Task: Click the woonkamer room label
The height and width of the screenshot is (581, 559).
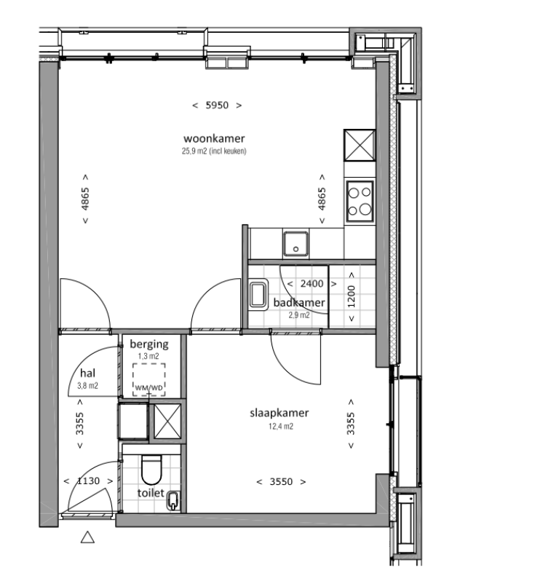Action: (x=214, y=138)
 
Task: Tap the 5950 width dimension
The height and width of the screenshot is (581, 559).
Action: (x=217, y=105)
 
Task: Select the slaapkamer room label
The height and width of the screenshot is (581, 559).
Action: (x=279, y=413)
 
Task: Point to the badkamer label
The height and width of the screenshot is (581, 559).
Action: (x=299, y=303)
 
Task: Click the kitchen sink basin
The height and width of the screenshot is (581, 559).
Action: (x=296, y=243)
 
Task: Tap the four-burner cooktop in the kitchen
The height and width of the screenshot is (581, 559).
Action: (x=359, y=202)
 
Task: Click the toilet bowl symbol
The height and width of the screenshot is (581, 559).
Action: (x=151, y=470)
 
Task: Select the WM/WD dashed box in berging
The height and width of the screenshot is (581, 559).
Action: (x=148, y=380)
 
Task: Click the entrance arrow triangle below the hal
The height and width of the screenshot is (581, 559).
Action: (x=87, y=538)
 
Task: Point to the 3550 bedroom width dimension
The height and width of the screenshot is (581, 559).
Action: (x=280, y=481)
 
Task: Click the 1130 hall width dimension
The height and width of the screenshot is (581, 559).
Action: (x=87, y=481)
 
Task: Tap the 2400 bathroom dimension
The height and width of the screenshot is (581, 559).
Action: (x=301, y=284)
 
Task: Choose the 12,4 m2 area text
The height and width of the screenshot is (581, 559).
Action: (x=279, y=427)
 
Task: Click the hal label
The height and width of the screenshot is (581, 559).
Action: (x=88, y=372)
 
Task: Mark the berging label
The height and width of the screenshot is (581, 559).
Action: (x=148, y=344)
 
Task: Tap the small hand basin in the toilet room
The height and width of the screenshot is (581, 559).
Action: (x=175, y=500)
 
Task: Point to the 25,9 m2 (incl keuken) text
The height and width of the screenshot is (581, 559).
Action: (x=214, y=151)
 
